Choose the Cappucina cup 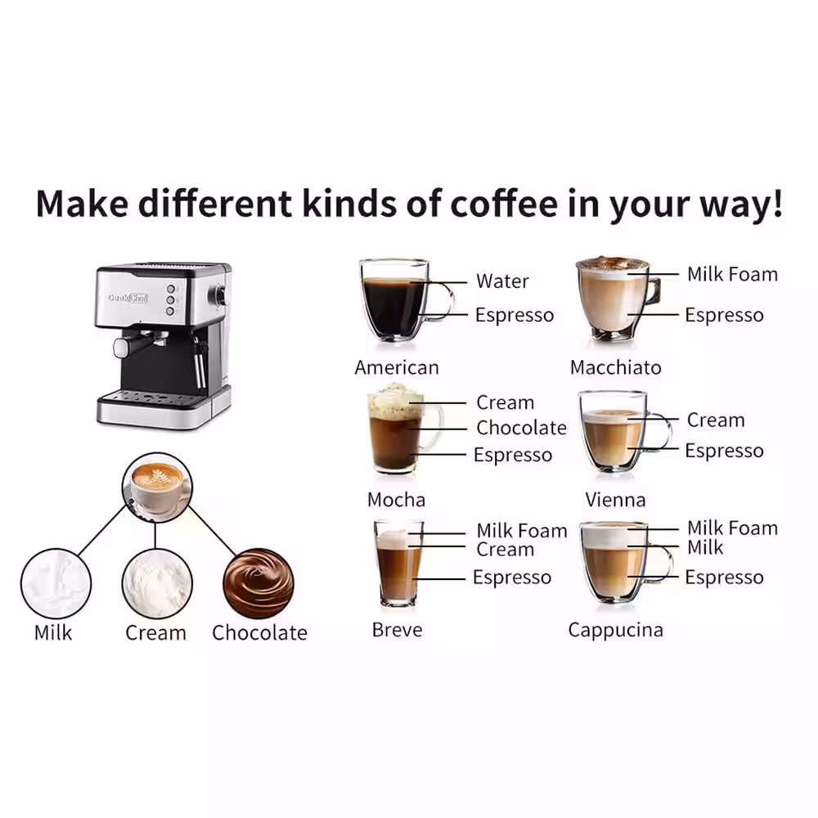615,563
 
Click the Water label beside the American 502,281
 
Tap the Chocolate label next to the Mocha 521,428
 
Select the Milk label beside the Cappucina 705,546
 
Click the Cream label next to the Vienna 716,420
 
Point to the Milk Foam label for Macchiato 732,274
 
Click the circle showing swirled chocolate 258,583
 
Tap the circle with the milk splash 54,583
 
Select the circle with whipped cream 156,583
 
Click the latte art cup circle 156,488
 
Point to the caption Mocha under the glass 396,499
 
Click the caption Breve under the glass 397,630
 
